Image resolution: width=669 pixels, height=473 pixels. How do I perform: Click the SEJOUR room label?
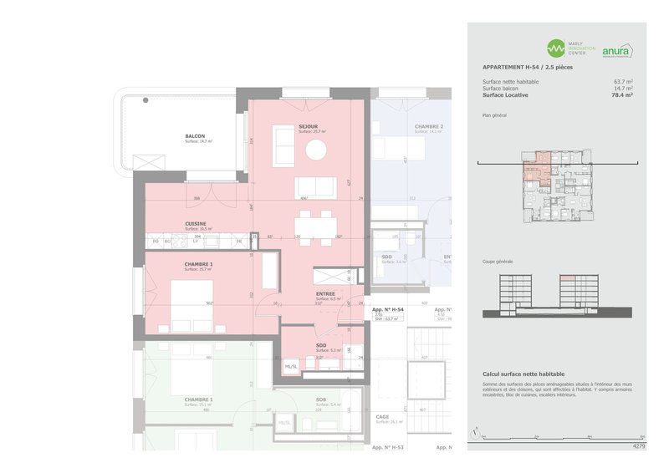309,126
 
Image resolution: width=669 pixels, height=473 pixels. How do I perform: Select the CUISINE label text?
197,223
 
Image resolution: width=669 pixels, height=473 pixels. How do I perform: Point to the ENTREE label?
325,294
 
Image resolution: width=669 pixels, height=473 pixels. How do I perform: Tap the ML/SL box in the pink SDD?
292,365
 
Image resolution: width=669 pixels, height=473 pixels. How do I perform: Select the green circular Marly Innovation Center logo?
555,48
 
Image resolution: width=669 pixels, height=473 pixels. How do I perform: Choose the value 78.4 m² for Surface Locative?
621,96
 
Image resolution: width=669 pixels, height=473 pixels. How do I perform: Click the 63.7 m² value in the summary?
623,81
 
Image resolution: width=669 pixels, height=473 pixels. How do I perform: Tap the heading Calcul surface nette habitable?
523,374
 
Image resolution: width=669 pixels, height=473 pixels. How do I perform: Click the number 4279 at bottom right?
639,446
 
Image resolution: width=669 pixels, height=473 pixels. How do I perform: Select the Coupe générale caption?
498,262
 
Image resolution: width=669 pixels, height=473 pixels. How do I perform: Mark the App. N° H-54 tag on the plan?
388,309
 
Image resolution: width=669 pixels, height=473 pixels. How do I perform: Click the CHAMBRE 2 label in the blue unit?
429,126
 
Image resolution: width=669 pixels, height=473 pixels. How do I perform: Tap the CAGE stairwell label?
382,416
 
